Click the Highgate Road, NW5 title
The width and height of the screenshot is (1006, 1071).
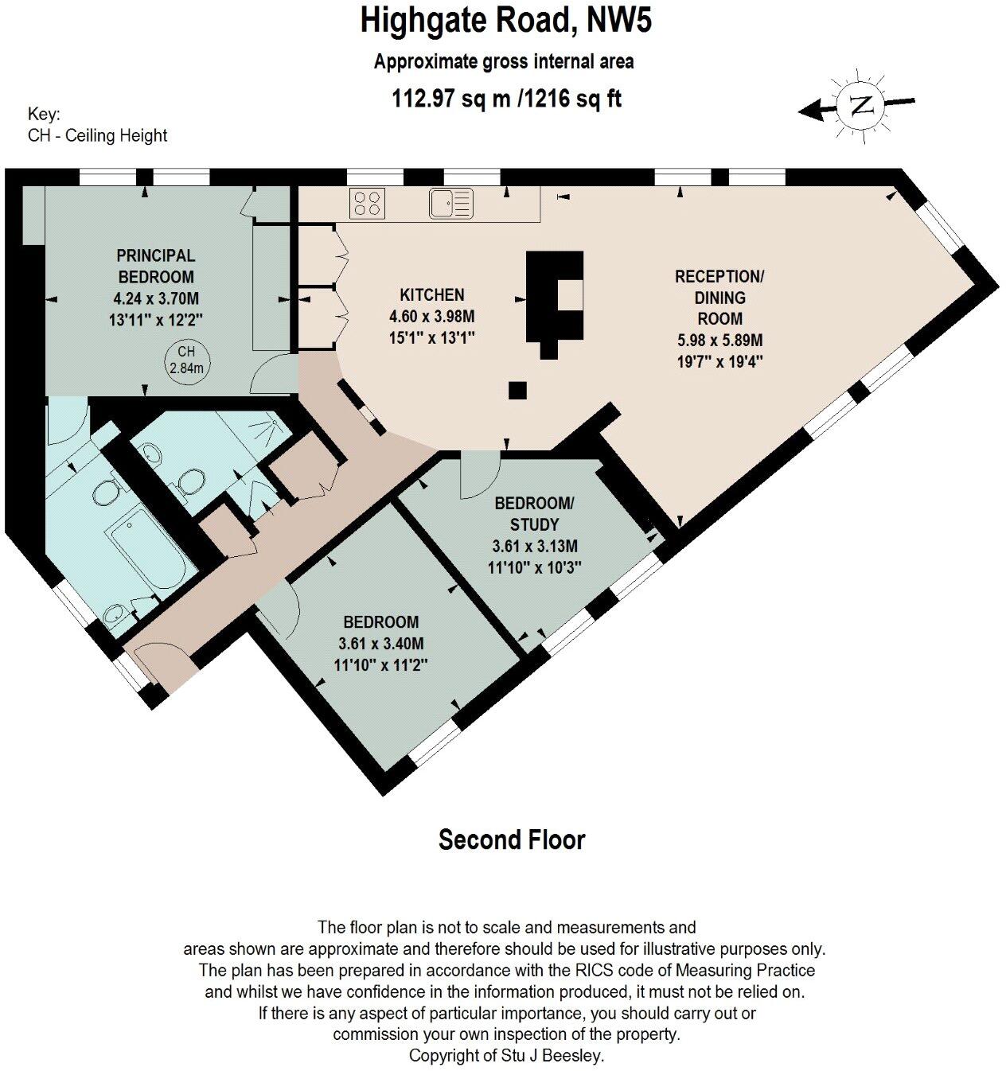coord(506,21)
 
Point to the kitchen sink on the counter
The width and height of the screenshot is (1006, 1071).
coord(450,202)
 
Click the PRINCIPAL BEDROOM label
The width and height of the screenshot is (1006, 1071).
coord(156,267)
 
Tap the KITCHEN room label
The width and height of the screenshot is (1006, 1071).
coord(432,294)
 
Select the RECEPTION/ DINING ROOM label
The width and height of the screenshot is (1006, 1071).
coord(719,298)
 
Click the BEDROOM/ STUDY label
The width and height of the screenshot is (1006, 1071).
coord(533,514)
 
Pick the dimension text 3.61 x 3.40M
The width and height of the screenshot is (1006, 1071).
coord(381,644)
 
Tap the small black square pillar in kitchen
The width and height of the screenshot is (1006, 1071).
coord(518,390)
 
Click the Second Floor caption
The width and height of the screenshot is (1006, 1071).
coord(512,840)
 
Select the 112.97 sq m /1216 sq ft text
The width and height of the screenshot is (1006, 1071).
coord(507,99)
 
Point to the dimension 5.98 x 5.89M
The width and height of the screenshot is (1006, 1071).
coord(719,340)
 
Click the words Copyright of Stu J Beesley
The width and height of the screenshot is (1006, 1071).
coord(507,1056)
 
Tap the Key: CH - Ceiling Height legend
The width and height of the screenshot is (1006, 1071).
coord(97,125)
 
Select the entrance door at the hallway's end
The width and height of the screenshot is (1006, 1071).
coord(162,662)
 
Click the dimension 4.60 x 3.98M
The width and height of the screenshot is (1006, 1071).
coord(432,316)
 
